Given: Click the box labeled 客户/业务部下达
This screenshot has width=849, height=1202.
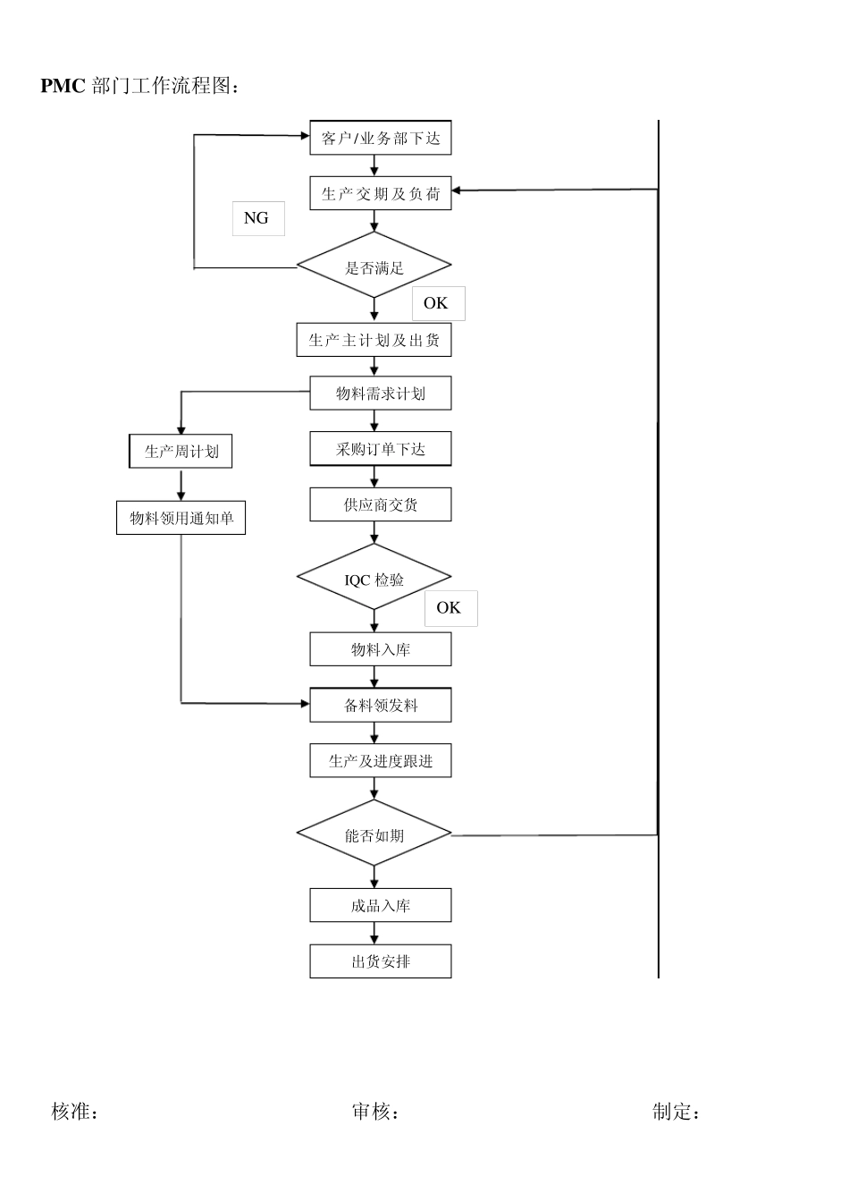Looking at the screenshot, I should coord(380,138).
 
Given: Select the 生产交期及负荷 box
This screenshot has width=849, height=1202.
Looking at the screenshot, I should coord(380,194).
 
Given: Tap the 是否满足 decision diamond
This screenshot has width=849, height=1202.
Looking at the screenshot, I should coord(374,267).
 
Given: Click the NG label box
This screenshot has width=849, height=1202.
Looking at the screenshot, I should coord(257,218).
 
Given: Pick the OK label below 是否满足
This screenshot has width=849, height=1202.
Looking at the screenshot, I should coord(437,303).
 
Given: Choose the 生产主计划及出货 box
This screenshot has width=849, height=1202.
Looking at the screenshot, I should coord(374,340).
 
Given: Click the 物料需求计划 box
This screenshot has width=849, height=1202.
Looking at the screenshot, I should coord(380,394).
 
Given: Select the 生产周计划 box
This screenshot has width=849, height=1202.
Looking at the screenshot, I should coord(181,451).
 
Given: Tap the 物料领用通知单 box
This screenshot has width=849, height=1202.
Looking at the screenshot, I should coord(181,518).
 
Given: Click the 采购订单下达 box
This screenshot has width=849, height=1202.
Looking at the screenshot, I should coord(380,449).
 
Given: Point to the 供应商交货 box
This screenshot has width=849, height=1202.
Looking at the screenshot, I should coord(380,504).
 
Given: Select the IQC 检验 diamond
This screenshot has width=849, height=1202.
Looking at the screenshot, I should coord(374,579).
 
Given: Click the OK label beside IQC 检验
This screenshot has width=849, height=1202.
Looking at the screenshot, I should coord(450,608).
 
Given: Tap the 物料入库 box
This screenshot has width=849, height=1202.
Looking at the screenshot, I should coord(380,649).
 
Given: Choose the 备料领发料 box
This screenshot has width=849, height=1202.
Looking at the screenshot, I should coord(380,705).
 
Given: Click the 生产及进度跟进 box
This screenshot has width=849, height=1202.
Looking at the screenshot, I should coord(380,761).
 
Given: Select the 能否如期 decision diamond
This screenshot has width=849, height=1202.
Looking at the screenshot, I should coord(374,835).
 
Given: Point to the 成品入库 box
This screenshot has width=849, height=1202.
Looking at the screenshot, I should coord(380,905).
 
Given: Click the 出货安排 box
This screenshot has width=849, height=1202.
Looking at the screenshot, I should coord(380,961).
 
